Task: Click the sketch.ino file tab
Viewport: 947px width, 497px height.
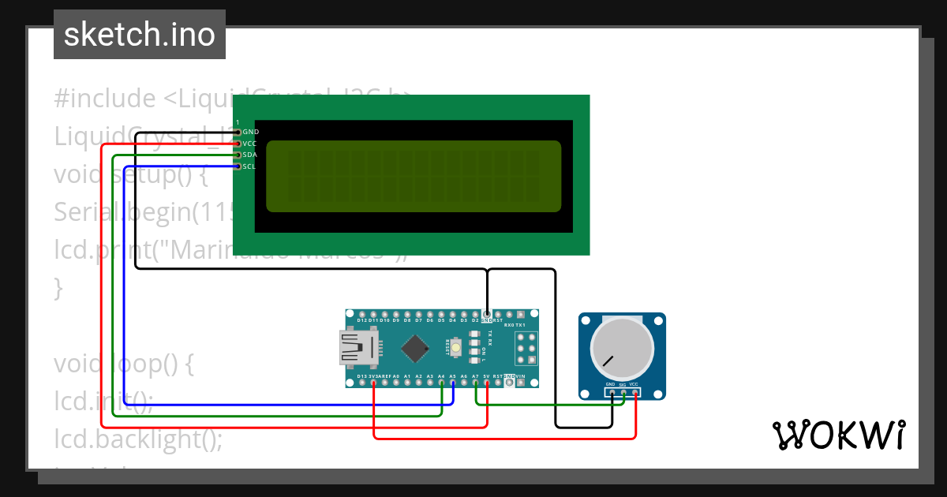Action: pos(139,35)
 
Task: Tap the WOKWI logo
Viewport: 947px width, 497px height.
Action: pos(838,435)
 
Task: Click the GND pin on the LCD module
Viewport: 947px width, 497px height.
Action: pos(238,133)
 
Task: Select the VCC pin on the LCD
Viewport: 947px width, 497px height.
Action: pos(238,144)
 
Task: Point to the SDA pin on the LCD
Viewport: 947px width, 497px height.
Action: pos(238,155)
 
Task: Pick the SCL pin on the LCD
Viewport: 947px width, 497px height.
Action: pos(238,166)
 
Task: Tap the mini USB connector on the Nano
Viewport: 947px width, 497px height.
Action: pos(358,348)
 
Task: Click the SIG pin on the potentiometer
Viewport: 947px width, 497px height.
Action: pos(623,392)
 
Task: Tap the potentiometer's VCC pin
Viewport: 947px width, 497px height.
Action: pos(634,392)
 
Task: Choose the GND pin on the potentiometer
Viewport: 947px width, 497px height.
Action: pos(612,392)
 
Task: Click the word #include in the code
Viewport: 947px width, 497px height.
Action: pos(105,99)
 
